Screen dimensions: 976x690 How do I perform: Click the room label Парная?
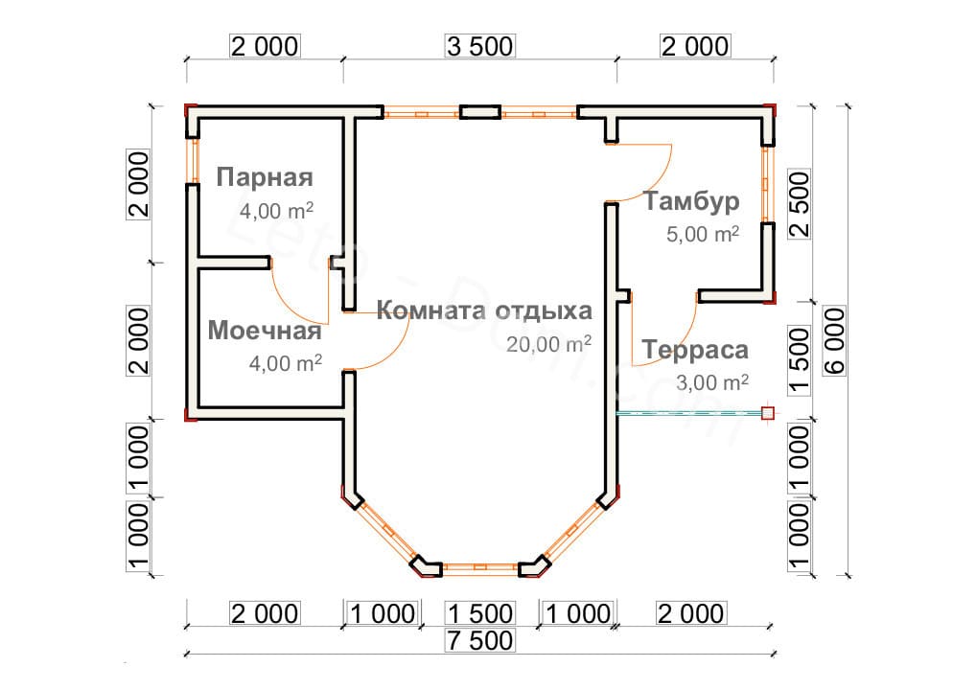click(265, 178)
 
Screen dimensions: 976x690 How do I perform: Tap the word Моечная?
click(264, 332)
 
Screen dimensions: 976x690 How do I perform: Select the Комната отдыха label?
click(484, 311)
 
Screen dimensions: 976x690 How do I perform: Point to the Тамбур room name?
click(691, 201)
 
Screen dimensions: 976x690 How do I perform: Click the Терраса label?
click(695, 351)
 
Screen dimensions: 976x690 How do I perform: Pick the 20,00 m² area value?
click(549, 344)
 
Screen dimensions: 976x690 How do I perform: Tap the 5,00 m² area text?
click(703, 233)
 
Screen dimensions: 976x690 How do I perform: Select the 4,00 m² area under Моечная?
click(286, 363)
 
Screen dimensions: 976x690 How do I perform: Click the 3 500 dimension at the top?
click(479, 45)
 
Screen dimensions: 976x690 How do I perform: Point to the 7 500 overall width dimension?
click(479, 640)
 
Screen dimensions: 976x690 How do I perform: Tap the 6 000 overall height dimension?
click(835, 341)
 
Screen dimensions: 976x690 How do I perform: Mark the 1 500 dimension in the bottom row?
click(479, 612)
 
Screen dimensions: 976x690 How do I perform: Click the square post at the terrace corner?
click(767, 413)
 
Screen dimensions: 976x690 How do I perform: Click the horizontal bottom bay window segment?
click(479, 567)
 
